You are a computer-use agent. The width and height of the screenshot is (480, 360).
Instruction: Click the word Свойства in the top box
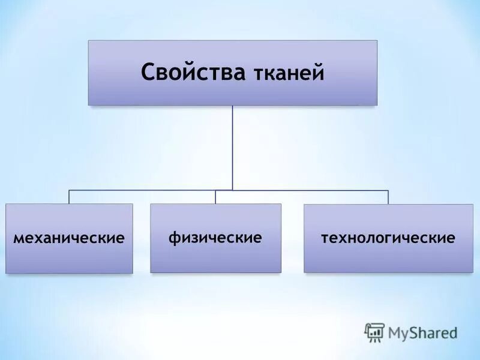[193, 73]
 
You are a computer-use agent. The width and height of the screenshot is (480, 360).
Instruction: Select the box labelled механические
[69, 239]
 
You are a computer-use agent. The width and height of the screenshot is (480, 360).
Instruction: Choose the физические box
[215, 238]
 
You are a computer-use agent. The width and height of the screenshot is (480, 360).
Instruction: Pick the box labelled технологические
[388, 238]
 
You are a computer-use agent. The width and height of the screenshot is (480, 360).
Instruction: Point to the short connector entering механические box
[69, 197]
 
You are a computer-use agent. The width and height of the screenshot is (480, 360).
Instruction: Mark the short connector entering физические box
[215, 197]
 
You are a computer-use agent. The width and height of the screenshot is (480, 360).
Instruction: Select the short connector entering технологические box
[388, 197]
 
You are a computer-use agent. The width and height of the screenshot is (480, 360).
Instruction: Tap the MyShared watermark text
[422, 332]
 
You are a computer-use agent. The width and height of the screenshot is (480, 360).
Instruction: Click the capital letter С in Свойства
[148, 73]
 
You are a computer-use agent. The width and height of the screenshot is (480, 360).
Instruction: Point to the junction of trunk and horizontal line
[232, 190]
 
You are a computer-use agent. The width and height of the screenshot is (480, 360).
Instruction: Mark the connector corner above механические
[69, 190]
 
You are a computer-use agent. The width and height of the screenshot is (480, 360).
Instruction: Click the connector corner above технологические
[388, 190]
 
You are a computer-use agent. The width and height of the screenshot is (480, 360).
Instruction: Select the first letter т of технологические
[325, 238]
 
